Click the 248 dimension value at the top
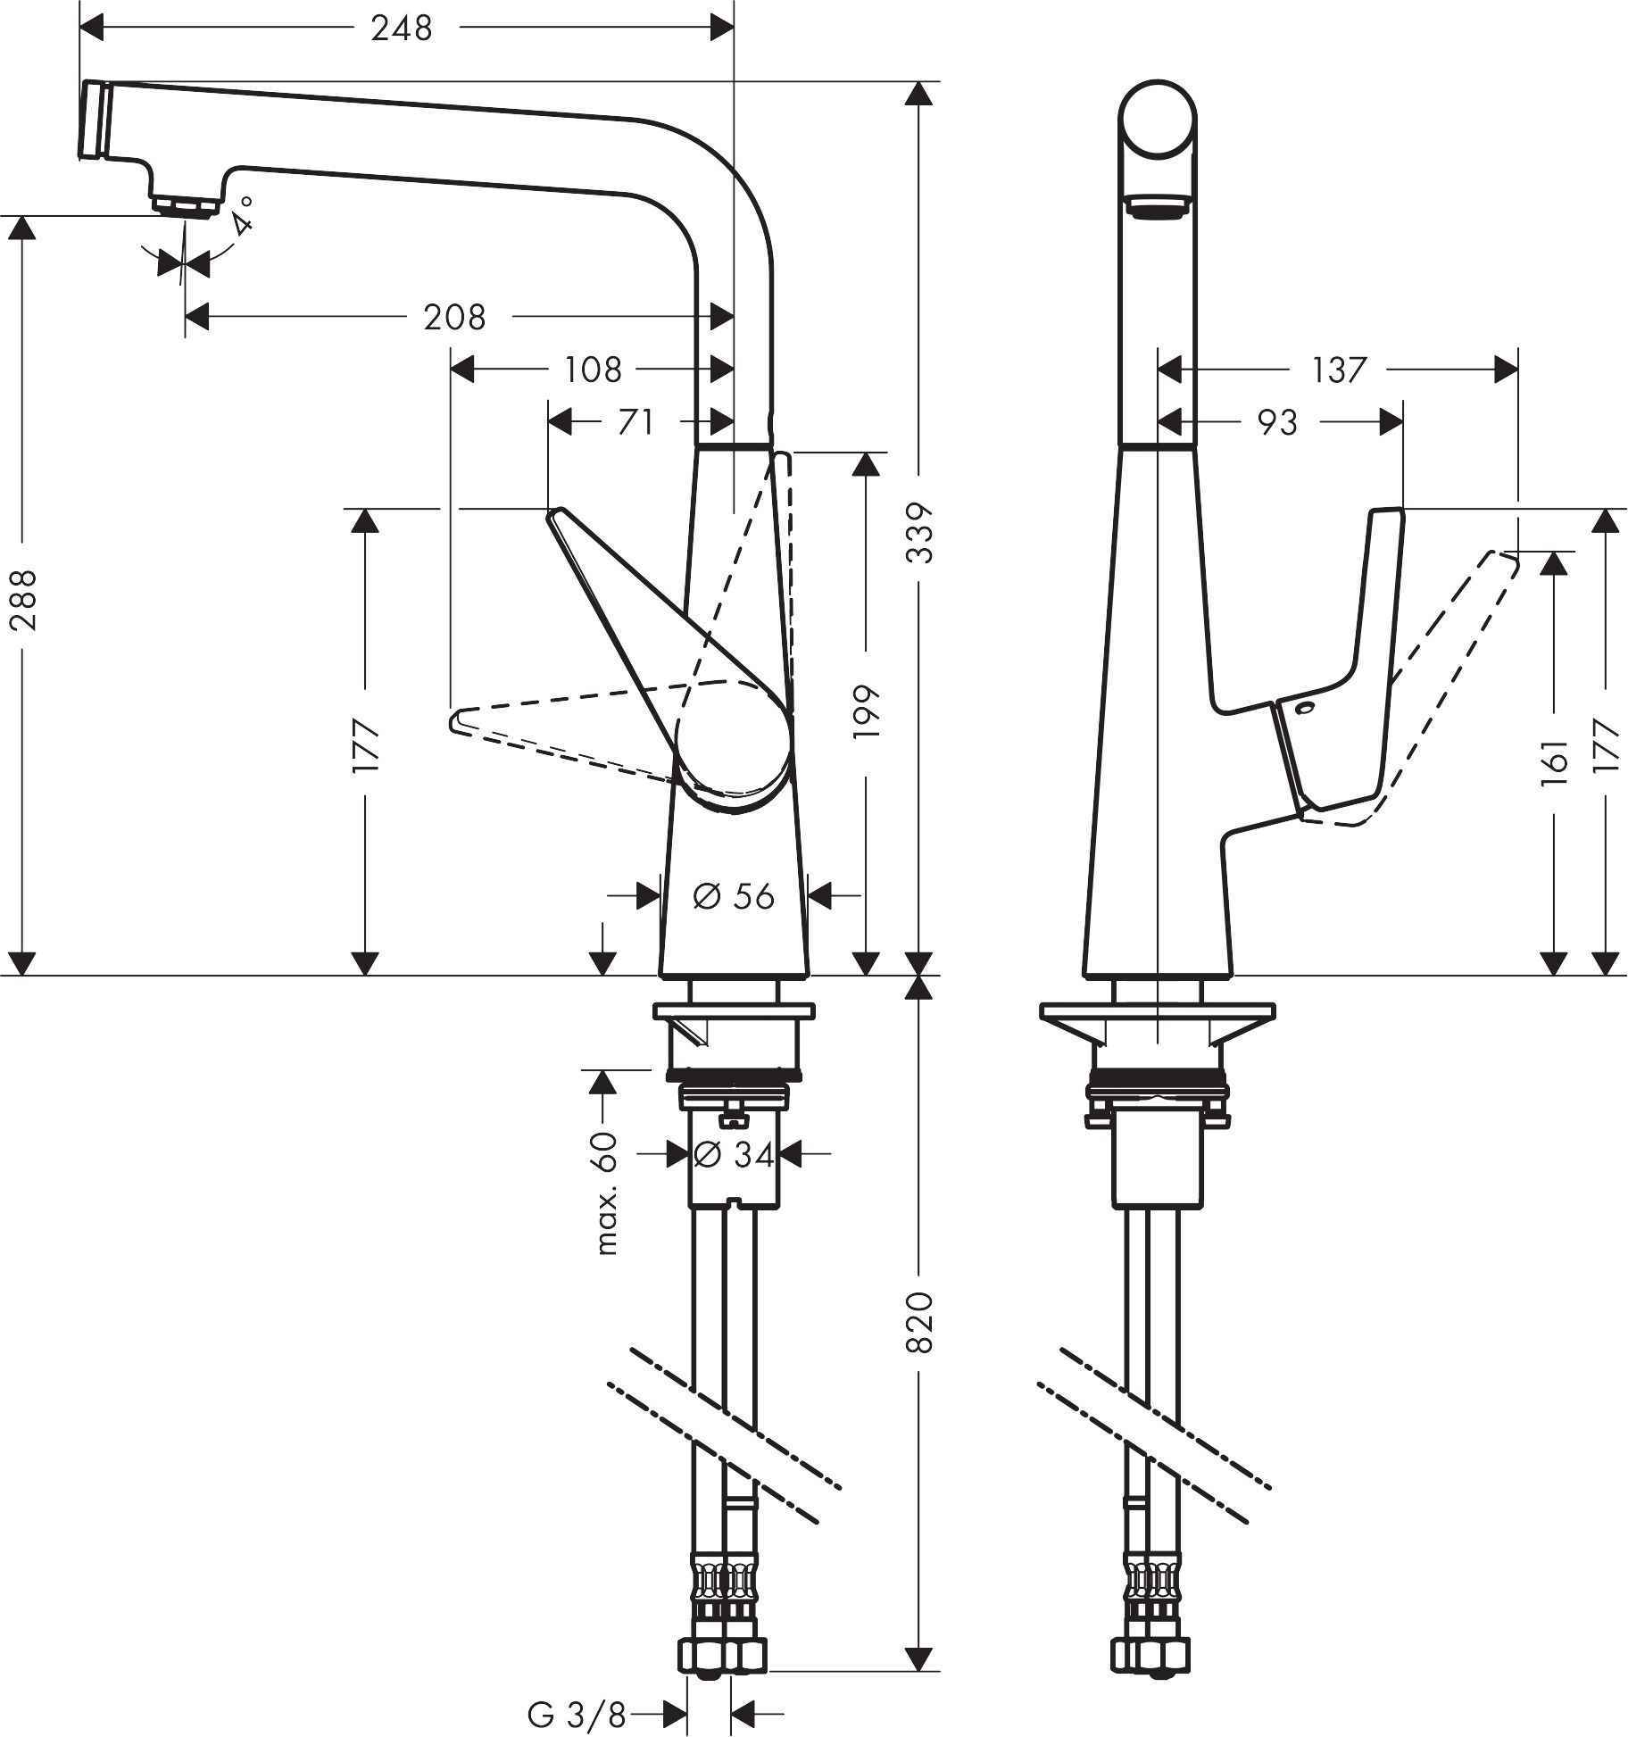[x=402, y=29]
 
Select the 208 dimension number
[x=454, y=316]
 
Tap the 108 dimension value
[x=593, y=369]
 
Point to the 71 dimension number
[x=635, y=421]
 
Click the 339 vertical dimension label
[x=919, y=533]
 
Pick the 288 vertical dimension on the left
[x=25, y=600]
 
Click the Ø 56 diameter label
[x=734, y=896]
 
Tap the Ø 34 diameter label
[x=734, y=1155]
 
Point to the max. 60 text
[x=606, y=1193]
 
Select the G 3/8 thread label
[x=576, y=1715]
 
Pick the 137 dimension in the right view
[x=1338, y=369]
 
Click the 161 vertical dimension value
[x=1555, y=761]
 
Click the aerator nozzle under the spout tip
[x=186, y=205]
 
